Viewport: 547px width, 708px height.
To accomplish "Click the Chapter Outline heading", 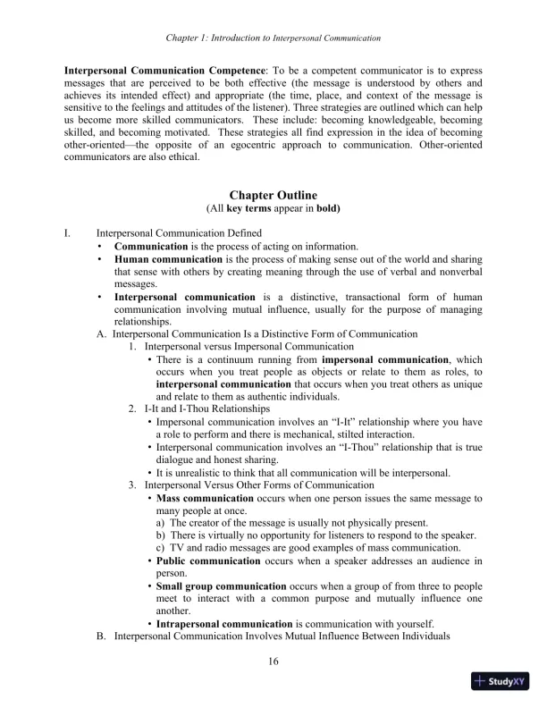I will pyautogui.click(x=273, y=195).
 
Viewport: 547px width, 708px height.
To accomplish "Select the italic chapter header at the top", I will pyautogui.click(x=273, y=38).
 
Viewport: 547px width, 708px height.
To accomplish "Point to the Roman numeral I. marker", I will pyautogui.click(x=67, y=232).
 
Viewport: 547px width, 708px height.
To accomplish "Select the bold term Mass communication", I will pyautogui.click(x=206, y=498).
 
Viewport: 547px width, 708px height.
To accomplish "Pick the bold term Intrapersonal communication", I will pyautogui.click(x=224, y=623).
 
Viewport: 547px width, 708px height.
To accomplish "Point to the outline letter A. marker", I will pyautogui.click(x=101, y=333).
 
